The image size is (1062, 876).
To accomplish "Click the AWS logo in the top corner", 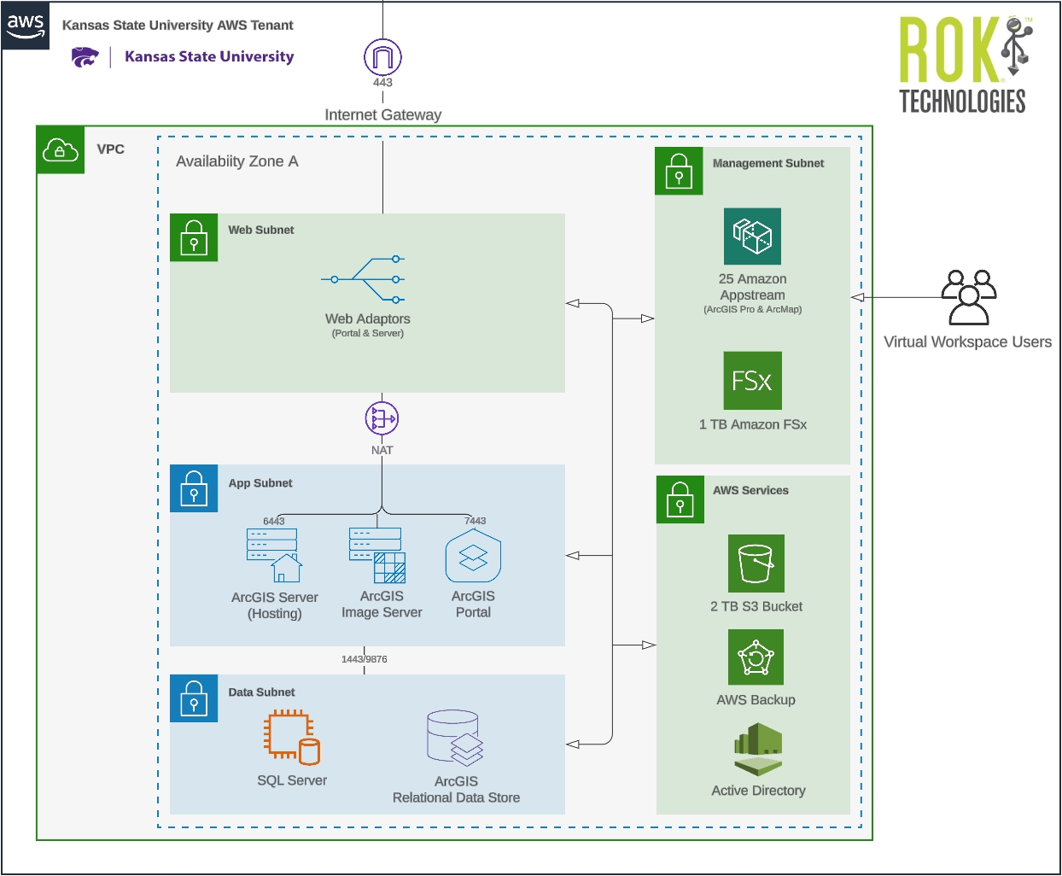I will tap(26, 26).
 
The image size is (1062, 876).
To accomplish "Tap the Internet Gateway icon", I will tap(382, 57).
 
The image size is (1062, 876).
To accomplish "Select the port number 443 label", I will tap(382, 83).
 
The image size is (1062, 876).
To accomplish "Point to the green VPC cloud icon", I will tap(61, 150).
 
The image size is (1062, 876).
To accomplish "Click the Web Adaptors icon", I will tap(364, 279).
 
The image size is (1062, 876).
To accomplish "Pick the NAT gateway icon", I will tap(382, 418).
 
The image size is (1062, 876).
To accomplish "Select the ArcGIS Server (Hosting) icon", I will tap(274, 555).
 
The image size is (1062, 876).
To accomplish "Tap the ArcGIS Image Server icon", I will tap(377, 555).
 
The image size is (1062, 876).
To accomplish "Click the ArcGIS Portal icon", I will tap(473, 557).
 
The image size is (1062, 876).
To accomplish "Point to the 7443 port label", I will tap(475, 521).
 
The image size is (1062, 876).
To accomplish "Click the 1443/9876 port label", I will tap(365, 659).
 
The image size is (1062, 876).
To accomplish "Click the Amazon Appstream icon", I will tap(752, 237).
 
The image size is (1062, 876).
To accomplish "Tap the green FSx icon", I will tap(752, 381).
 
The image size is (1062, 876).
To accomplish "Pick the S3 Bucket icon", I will tap(756, 564).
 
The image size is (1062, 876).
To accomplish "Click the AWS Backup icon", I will tap(756, 657).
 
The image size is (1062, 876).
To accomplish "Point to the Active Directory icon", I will tap(758, 750).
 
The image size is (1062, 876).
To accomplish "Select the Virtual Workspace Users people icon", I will tap(968, 297).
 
